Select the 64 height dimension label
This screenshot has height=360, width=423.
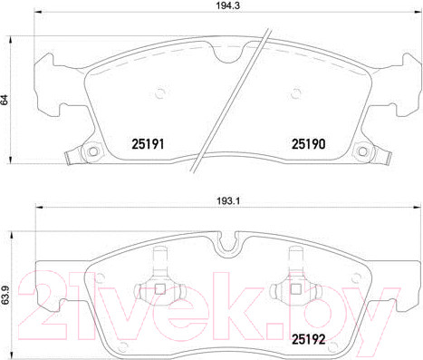click(6, 100)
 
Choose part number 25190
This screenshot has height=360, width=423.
click(306, 142)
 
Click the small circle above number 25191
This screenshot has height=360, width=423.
click(159, 91)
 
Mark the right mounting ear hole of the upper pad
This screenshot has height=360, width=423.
click(361, 151)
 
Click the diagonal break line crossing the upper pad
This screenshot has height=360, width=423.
click(243, 91)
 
